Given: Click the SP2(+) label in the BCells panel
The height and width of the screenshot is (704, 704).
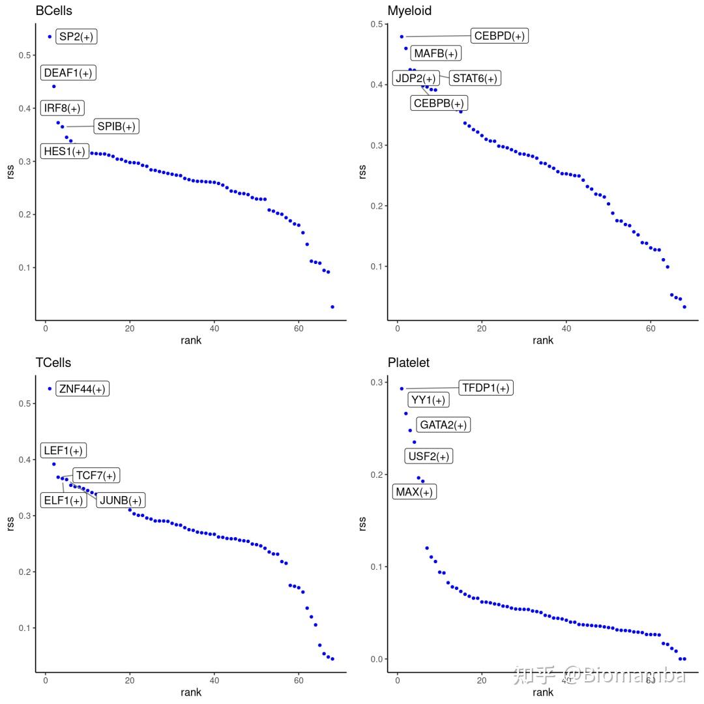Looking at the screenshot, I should pos(76,37).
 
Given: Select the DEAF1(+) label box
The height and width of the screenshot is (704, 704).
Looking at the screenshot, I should pos(68,72).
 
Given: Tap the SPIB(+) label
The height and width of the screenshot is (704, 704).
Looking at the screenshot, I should pos(117,126).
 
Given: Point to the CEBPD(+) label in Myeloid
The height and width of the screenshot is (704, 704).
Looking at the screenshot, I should pos(499,36).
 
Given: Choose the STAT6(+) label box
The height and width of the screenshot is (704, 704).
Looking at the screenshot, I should pos(475,78).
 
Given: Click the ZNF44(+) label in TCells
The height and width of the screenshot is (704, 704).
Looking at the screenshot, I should pos(82,389).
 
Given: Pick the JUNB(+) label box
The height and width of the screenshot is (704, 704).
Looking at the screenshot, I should pos(121,500).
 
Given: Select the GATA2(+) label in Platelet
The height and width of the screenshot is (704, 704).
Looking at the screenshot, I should pos(443,425).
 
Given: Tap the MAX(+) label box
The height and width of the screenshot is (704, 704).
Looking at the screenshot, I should pos(415,491).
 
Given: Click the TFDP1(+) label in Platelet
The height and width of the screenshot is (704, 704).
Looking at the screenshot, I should pos(486,388).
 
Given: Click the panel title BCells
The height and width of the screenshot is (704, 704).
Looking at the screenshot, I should pos(53,10).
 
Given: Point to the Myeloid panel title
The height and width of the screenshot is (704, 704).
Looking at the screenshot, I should pos(409,10).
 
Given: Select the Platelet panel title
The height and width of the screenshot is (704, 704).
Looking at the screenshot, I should pos(409,362).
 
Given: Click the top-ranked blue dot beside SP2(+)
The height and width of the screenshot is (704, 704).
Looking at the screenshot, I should pos(50,37).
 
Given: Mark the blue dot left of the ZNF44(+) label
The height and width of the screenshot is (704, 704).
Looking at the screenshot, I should pos(50,389).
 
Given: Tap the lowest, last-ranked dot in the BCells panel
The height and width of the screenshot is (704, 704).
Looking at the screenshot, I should pos(332,306).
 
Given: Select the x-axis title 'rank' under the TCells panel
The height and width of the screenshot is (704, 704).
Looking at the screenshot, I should pos(191,692).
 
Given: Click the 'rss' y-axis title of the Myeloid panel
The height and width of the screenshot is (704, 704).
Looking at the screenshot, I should pos(362,171).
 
